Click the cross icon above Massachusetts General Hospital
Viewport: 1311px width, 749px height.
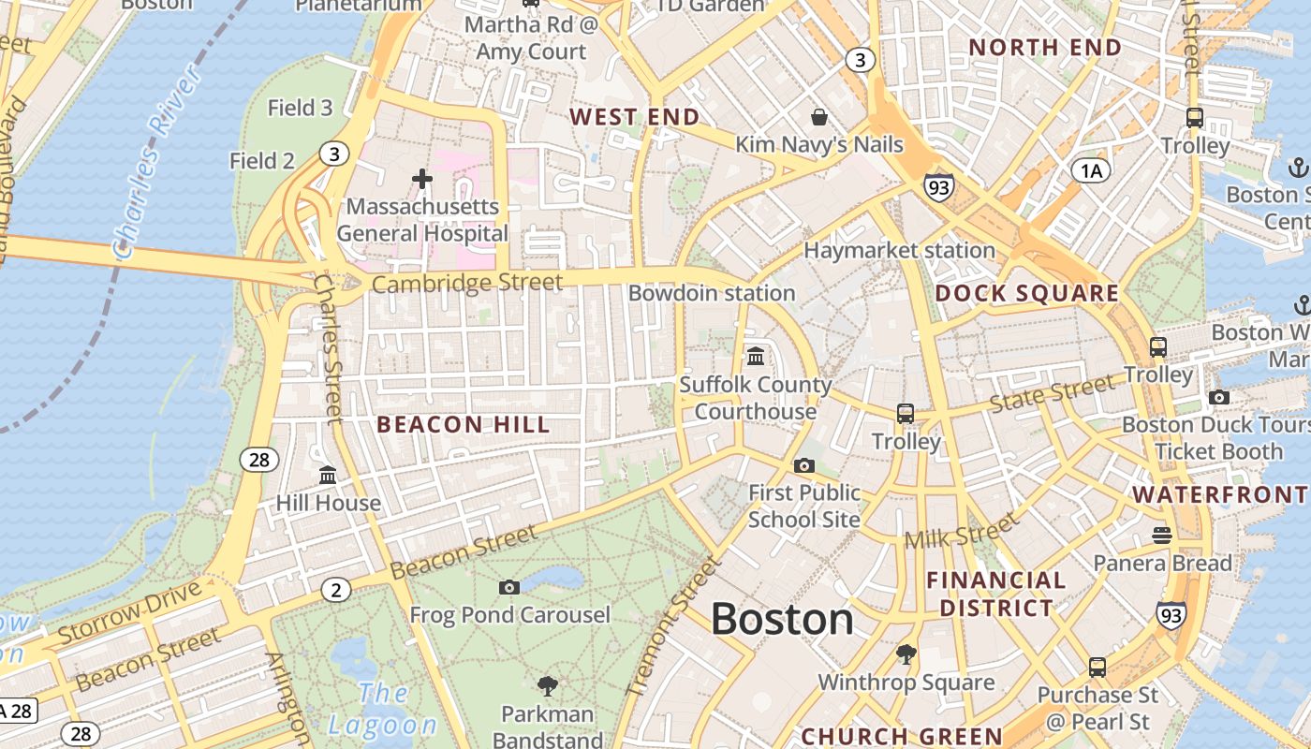coord(422,178)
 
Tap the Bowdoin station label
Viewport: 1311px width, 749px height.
coord(712,293)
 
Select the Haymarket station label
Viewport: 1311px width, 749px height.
coord(899,250)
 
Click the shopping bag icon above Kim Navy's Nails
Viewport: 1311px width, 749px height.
coord(819,117)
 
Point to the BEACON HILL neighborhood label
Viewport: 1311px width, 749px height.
coord(464,425)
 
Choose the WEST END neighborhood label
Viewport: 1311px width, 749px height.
coord(635,117)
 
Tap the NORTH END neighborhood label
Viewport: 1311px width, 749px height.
coord(1045,48)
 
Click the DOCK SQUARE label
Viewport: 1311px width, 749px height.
coord(1027,293)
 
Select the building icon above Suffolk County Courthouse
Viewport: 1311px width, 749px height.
coord(756,357)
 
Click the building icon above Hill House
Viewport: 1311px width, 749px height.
coord(328,476)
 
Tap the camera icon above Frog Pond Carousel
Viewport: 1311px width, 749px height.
coord(509,587)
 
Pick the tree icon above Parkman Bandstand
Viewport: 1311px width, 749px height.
coord(548,686)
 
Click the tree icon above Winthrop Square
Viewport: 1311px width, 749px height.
coord(906,654)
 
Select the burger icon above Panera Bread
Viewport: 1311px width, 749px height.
coord(1162,535)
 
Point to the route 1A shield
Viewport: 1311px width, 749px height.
coord(1090,169)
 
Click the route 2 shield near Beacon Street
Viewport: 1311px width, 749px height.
coord(335,590)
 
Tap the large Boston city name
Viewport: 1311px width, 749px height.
coord(782,620)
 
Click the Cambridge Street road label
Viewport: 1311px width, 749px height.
coord(467,283)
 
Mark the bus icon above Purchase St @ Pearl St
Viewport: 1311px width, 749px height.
coord(1097,668)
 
